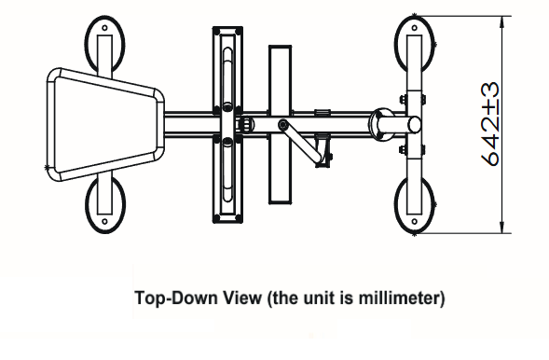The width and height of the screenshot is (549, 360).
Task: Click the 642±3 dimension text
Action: click(x=490, y=124)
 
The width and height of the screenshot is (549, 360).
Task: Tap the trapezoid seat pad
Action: click(x=105, y=125)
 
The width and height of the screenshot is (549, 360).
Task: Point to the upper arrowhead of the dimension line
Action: click(x=502, y=22)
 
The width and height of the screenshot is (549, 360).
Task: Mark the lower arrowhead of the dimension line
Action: click(x=502, y=227)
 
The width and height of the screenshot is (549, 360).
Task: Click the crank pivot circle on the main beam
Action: click(x=283, y=124)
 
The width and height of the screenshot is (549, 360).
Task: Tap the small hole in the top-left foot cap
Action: click(x=104, y=28)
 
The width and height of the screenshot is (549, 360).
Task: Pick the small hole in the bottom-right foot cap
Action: click(x=415, y=221)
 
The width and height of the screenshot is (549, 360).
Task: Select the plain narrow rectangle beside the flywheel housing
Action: click(x=281, y=124)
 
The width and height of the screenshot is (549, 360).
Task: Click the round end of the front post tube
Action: click(x=415, y=124)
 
